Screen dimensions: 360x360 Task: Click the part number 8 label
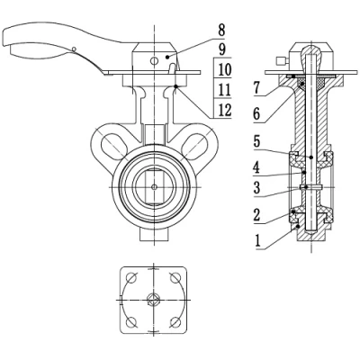pyautogui.click(x=221, y=31)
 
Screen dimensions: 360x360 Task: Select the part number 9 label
pyautogui.click(x=221, y=49)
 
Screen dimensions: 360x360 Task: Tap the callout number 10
pyautogui.click(x=224, y=69)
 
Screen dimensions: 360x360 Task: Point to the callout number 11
pyautogui.click(x=224, y=90)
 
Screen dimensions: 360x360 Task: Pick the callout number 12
pyautogui.click(x=224, y=110)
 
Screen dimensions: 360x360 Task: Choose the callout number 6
pyautogui.click(x=256, y=114)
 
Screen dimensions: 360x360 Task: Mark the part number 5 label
pyautogui.click(x=256, y=141)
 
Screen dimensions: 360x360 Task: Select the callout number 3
pyautogui.click(x=256, y=188)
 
